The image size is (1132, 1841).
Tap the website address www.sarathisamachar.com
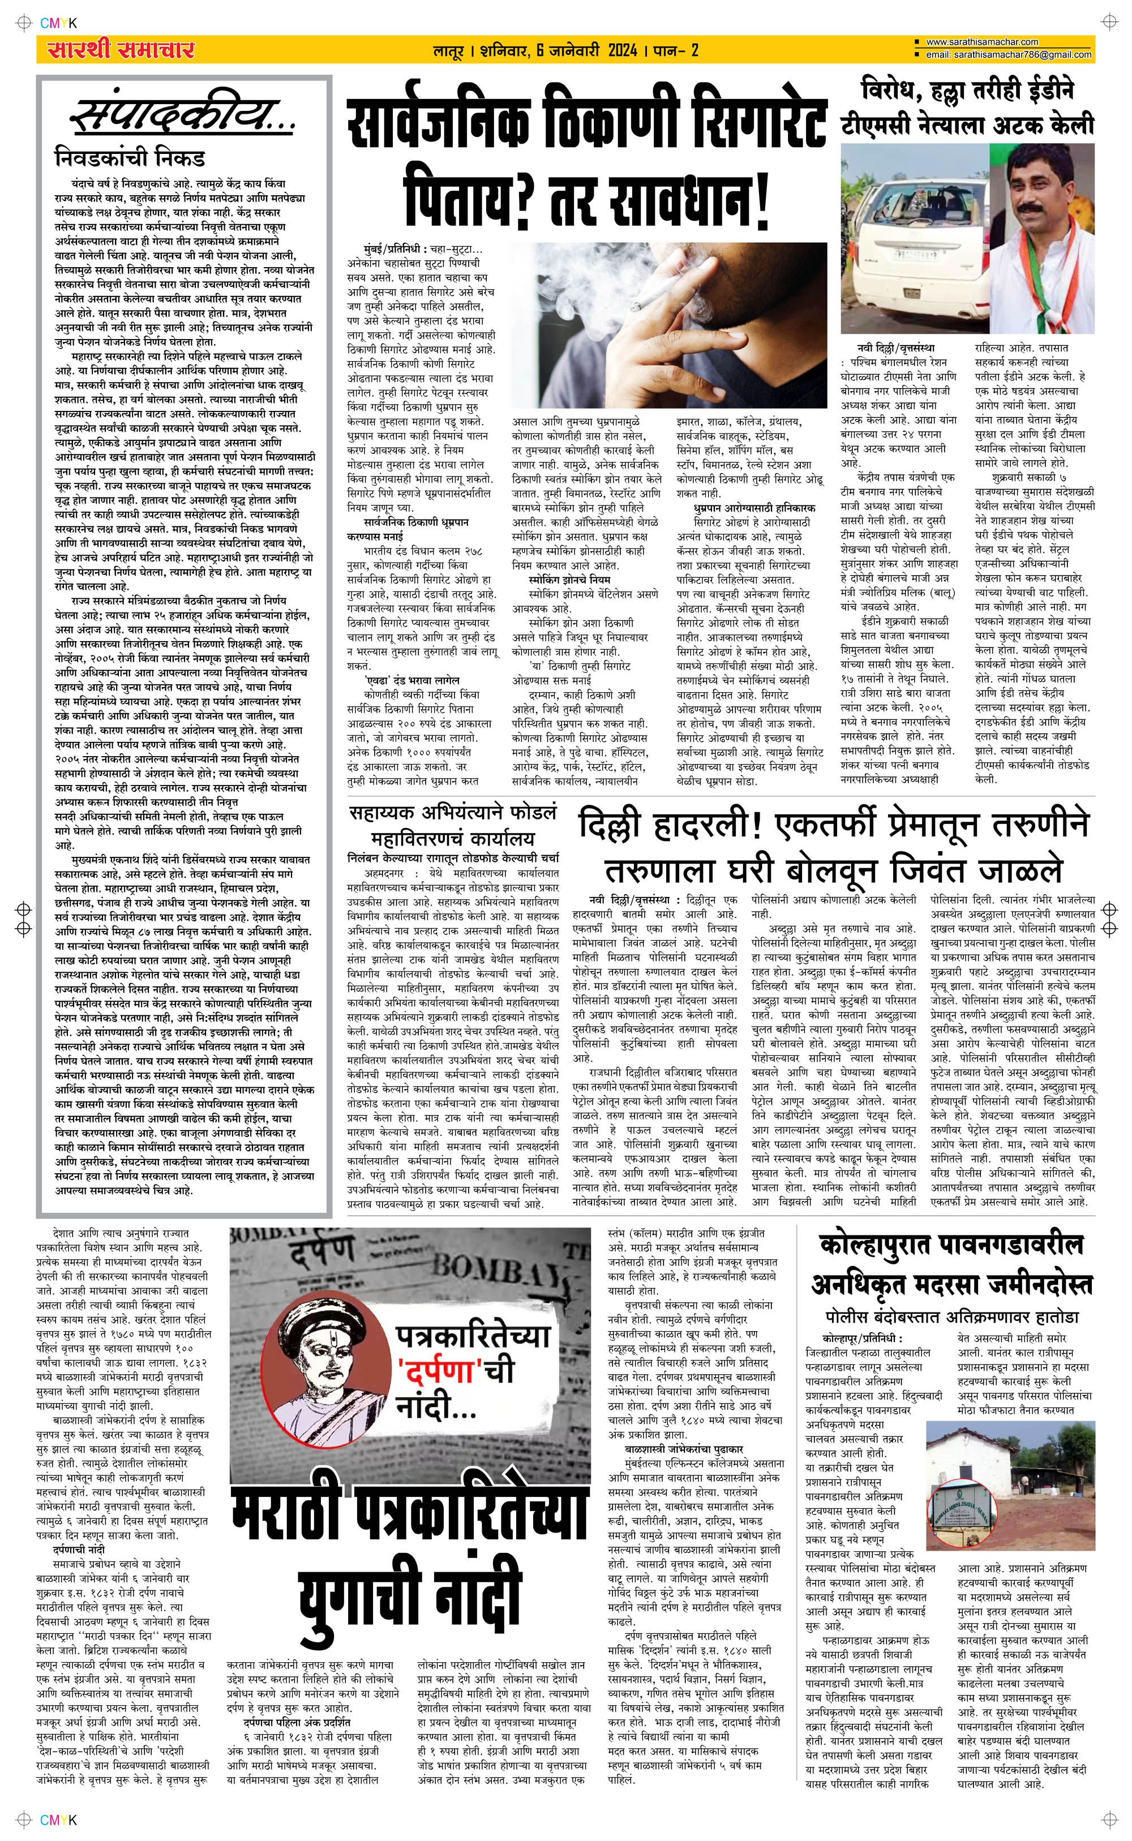(x=981, y=42)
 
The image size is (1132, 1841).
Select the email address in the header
(x=1007, y=55)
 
